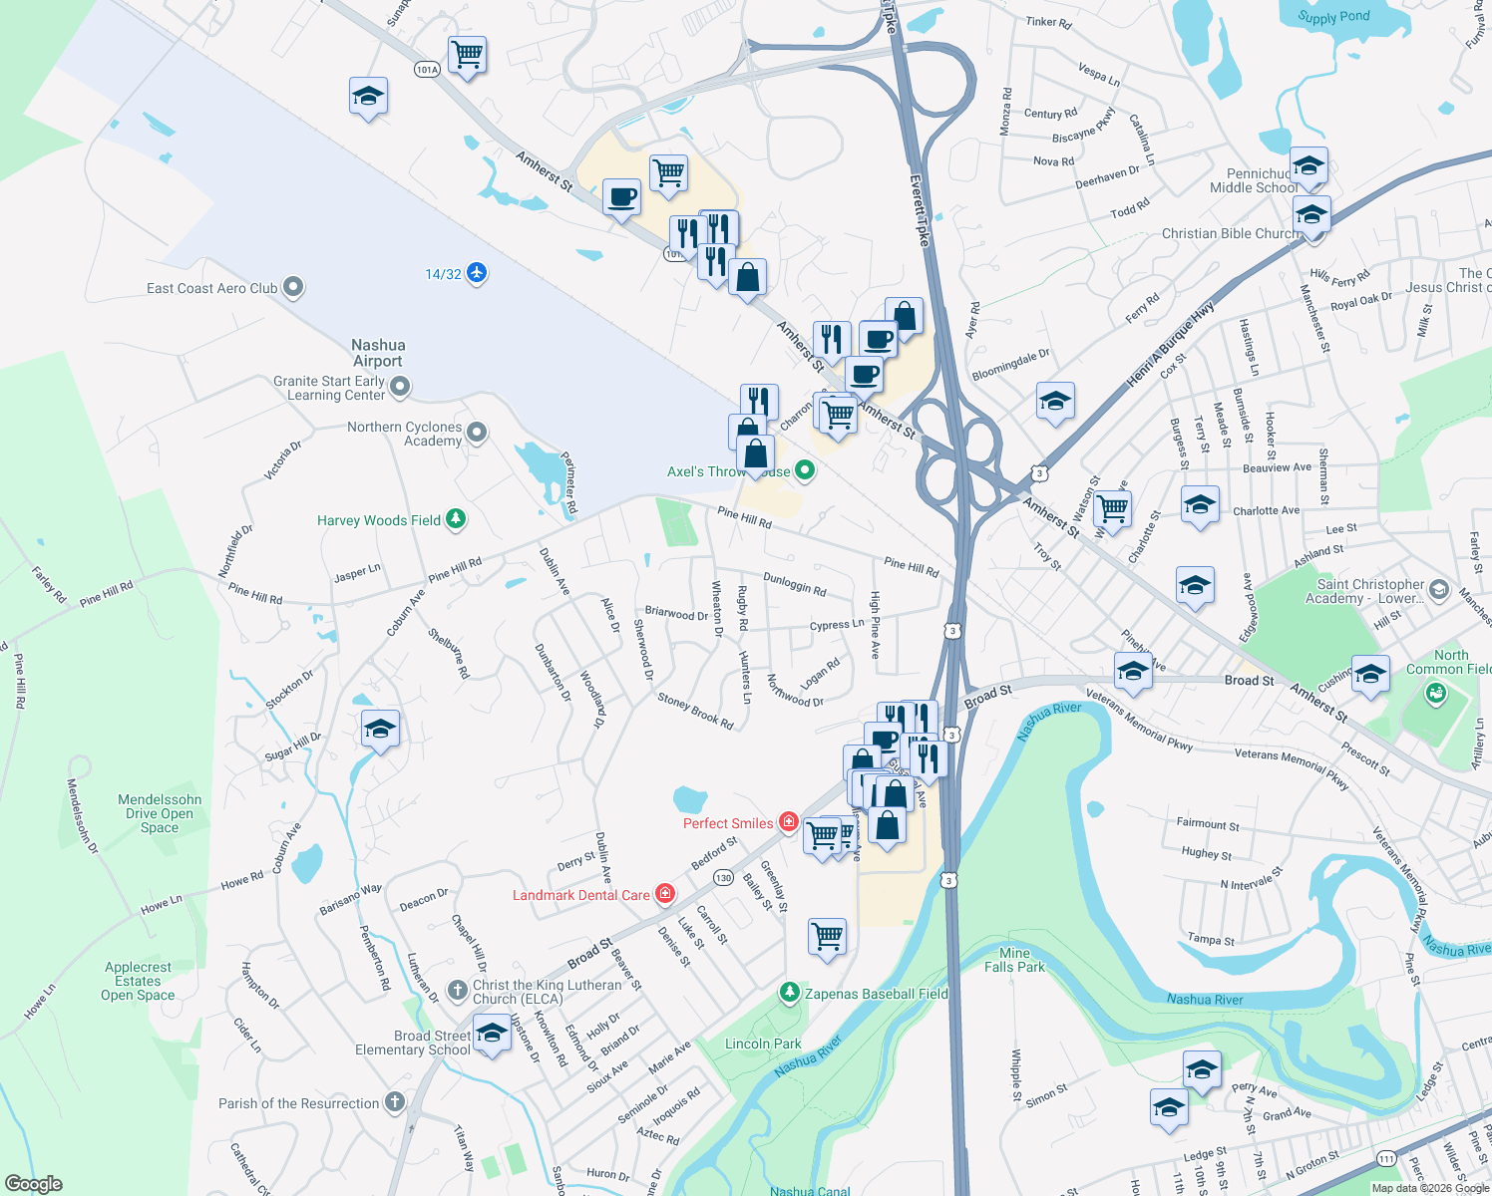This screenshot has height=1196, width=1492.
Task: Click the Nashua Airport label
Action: pyautogui.click(x=377, y=353)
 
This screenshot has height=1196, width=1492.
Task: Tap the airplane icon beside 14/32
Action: pyautogui.click(x=477, y=273)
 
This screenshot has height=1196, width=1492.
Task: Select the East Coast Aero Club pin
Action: pyautogui.click(x=293, y=288)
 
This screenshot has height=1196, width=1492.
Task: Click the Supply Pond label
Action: pyautogui.click(x=1333, y=17)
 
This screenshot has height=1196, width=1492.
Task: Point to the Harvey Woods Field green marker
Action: pyautogui.click(x=456, y=519)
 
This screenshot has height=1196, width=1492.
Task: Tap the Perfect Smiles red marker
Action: pyautogui.click(x=789, y=822)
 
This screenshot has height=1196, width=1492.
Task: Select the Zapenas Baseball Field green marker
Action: pyautogui.click(x=790, y=993)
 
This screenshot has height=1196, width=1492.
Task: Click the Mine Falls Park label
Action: pyautogui.click(x=1014, y=960)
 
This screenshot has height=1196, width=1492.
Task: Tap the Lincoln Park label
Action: pyautogui.click(x=763, y=1044)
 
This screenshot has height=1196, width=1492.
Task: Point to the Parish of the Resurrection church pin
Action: pyautogui.click(x=395, y=1102)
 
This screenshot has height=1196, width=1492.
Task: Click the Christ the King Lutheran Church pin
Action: pyautogui.click(x=457, y=990)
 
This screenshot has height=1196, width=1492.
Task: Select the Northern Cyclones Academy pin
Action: pyautogui.click(x=477, y=433)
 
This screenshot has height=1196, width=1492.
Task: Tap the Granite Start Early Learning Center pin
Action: pyautogui.click(x=400, y=386)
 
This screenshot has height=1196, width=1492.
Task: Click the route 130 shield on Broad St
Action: pyautogui.click(x=723, y=878)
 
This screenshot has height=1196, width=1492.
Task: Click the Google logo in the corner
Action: pyautogui.click(x=34, y=1184)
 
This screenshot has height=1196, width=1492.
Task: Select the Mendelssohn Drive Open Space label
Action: pyautogui.click(x=160, y=813)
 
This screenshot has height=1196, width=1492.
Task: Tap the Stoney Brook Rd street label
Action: pyautogui.click(x=695, y=712)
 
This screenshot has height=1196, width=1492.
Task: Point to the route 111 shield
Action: pyautogui.click(x=1386, y=1158)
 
